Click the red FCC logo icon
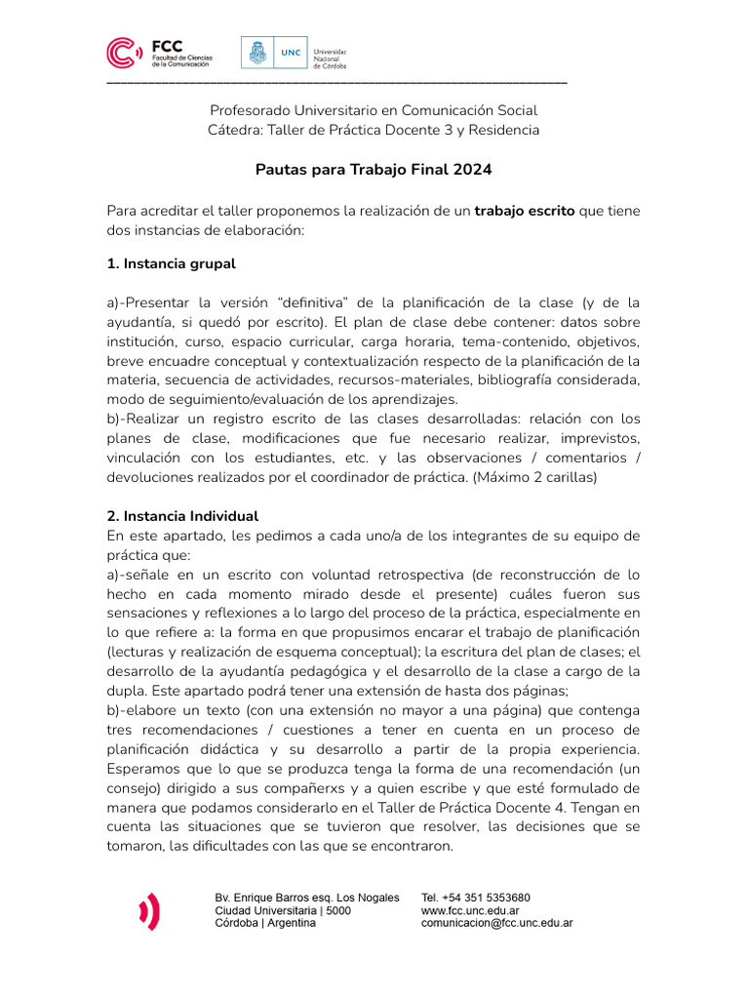125,54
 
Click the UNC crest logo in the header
257,53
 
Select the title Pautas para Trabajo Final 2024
374,170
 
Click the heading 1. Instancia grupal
171,263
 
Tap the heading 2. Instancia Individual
182,516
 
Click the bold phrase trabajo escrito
525,211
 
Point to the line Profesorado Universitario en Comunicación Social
374,111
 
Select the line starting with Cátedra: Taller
374,130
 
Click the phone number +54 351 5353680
476,898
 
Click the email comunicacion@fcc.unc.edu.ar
496,923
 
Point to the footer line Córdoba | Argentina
265,923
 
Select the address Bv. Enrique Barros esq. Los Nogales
307,898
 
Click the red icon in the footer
149,911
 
